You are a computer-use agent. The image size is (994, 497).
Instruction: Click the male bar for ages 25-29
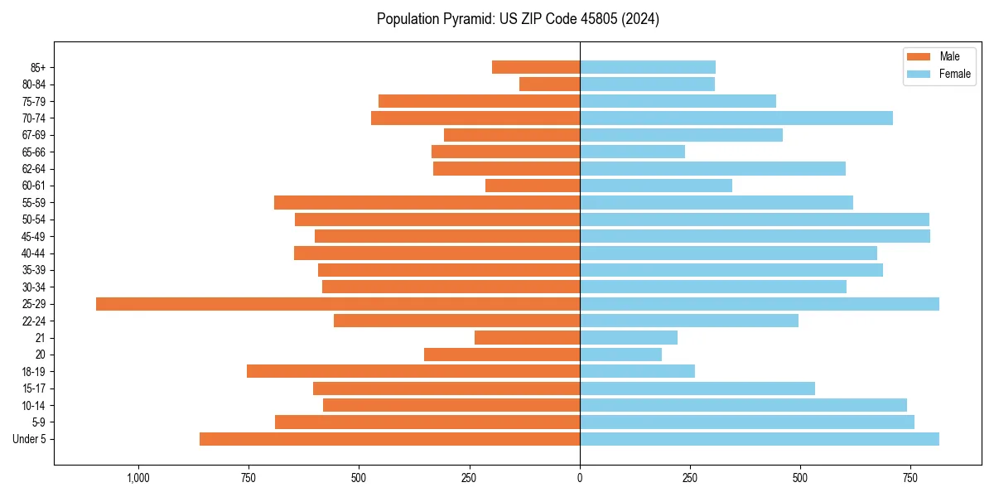click(338, 304)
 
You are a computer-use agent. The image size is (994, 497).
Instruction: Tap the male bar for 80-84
click(549, 84)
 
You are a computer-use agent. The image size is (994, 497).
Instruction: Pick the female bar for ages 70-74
click(736, 118)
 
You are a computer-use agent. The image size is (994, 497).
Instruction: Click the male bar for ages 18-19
click(413, 371)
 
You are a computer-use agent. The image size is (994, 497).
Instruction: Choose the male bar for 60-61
click(533, 186)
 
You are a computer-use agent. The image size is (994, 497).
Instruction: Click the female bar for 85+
click(648, 67)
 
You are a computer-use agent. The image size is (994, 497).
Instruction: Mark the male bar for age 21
click(527, 338)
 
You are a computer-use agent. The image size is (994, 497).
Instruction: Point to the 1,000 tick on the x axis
click(138, 478)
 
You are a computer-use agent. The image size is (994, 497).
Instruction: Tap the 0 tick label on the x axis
click(580, 478)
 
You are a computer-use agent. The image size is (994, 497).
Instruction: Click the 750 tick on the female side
click(910, 478)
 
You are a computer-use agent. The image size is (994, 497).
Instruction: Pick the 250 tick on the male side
click(470, 478)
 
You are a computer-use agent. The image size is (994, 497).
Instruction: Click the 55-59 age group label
click(33, 203)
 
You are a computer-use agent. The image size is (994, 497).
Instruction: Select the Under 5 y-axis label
click(29, 439)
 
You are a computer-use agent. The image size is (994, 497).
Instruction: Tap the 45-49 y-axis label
click(33, 237)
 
